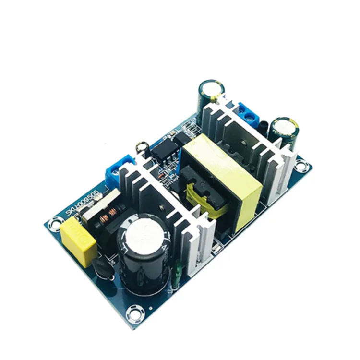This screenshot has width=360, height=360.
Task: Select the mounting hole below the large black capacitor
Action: [133, 314]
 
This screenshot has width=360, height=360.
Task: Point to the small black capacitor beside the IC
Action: [142, 146]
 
